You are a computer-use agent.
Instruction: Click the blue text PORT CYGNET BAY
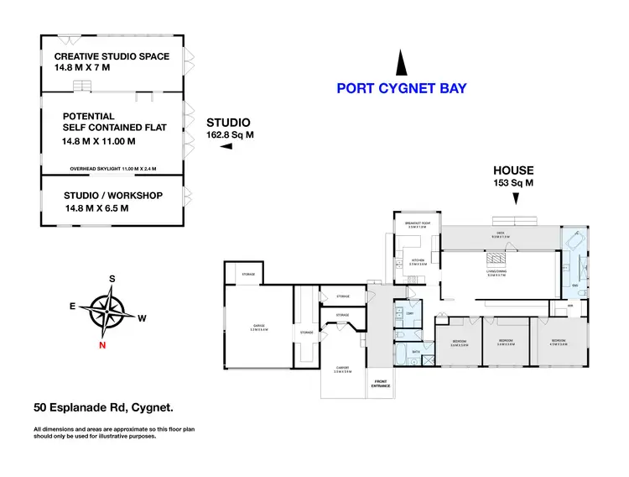(x=401, y=88)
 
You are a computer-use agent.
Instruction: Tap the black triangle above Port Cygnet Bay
(x=402, y=64)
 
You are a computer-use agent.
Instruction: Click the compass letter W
(x=143, y=317)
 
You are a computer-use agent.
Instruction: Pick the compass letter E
(x=73, y=307)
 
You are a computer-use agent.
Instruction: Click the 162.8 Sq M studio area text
(x=230, y=134)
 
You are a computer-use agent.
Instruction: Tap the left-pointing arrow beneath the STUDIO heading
(x=225, y=147)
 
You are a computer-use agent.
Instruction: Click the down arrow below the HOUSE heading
(x=517, y=199)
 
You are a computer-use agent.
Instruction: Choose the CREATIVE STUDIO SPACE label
(x=112, y=56)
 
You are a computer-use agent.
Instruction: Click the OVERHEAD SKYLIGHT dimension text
(x=113, y=168)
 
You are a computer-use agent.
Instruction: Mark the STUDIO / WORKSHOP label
(x=112, y=196)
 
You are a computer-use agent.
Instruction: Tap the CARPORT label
(x=341, y=367)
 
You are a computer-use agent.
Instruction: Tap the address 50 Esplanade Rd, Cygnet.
(x=103, y=409)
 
